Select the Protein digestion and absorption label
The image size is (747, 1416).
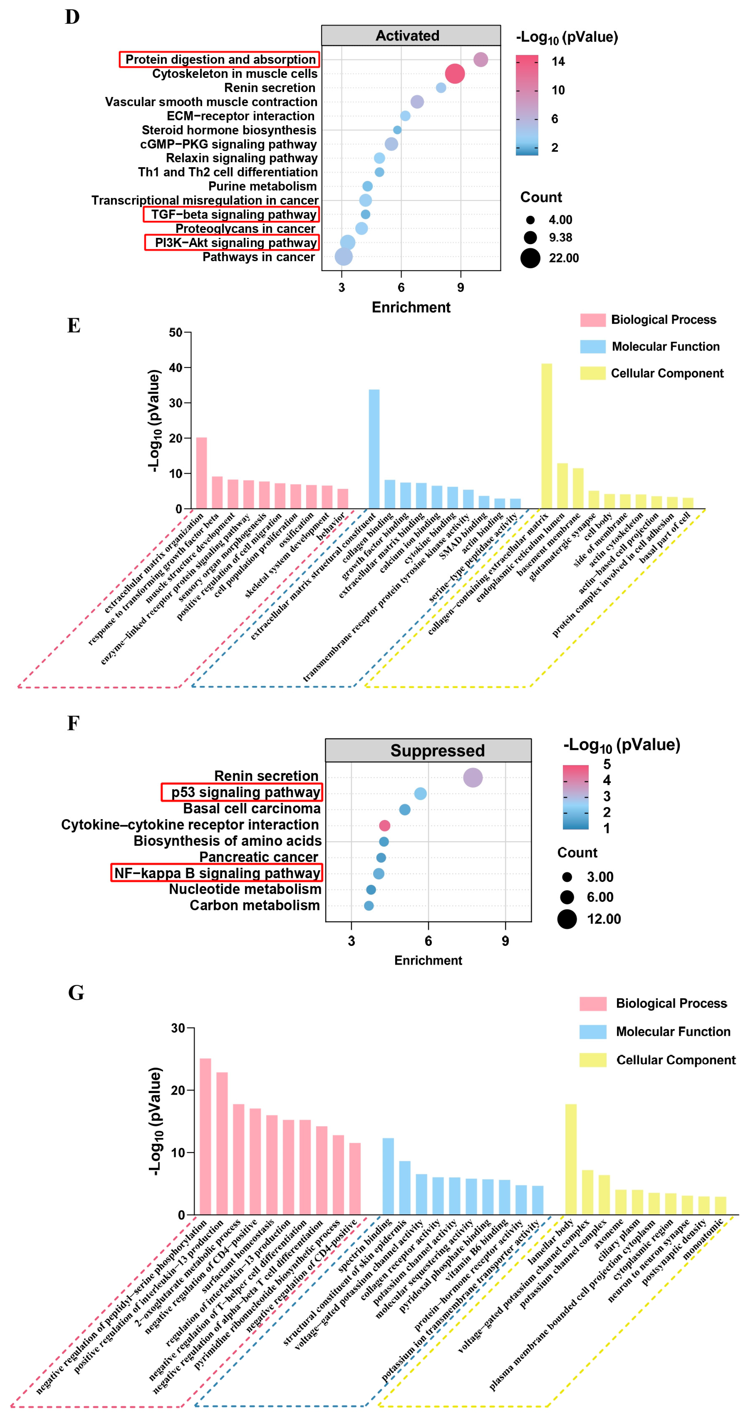(x=220, y=59)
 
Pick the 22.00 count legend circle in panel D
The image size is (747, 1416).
(x=530, y=258)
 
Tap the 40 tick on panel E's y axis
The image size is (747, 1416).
(x=176, y=368)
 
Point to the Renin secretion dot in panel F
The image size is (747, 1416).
(x=473, y=777)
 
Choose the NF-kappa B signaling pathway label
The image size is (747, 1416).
(x=217, y=873)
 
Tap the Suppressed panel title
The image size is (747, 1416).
(x=438, y=750)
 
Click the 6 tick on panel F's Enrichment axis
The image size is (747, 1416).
(x=428, y=940)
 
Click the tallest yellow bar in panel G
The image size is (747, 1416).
(x=571, y=1159)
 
